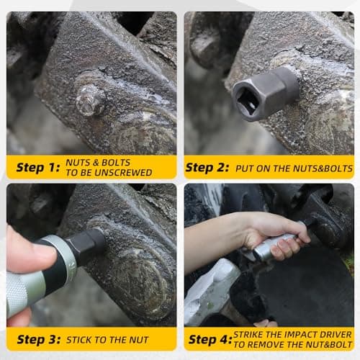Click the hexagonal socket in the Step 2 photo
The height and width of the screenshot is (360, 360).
[x=266, y=94]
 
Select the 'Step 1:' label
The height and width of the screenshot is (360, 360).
[x=37, y=168]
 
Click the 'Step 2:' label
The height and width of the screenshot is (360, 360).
[x=207, y=168]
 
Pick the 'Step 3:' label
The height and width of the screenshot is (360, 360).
[x=38, y=340]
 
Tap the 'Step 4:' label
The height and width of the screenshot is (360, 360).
[x=210, y=340]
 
